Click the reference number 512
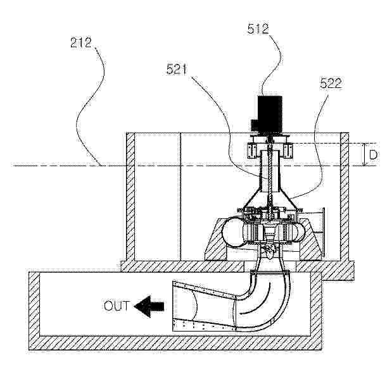[258, 28]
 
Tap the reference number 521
[177, 69]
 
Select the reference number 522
[331, 83]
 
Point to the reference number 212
[81, 42]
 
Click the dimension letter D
[373, 155]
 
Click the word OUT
[117, 306]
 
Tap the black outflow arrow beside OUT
[149, 307]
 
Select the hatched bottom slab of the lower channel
[175, 343]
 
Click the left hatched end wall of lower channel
[34, 311]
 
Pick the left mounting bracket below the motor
[251, 151]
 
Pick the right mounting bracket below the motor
[288, 151]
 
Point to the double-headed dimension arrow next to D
[364, 154]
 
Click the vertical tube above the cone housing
[270, 171]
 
